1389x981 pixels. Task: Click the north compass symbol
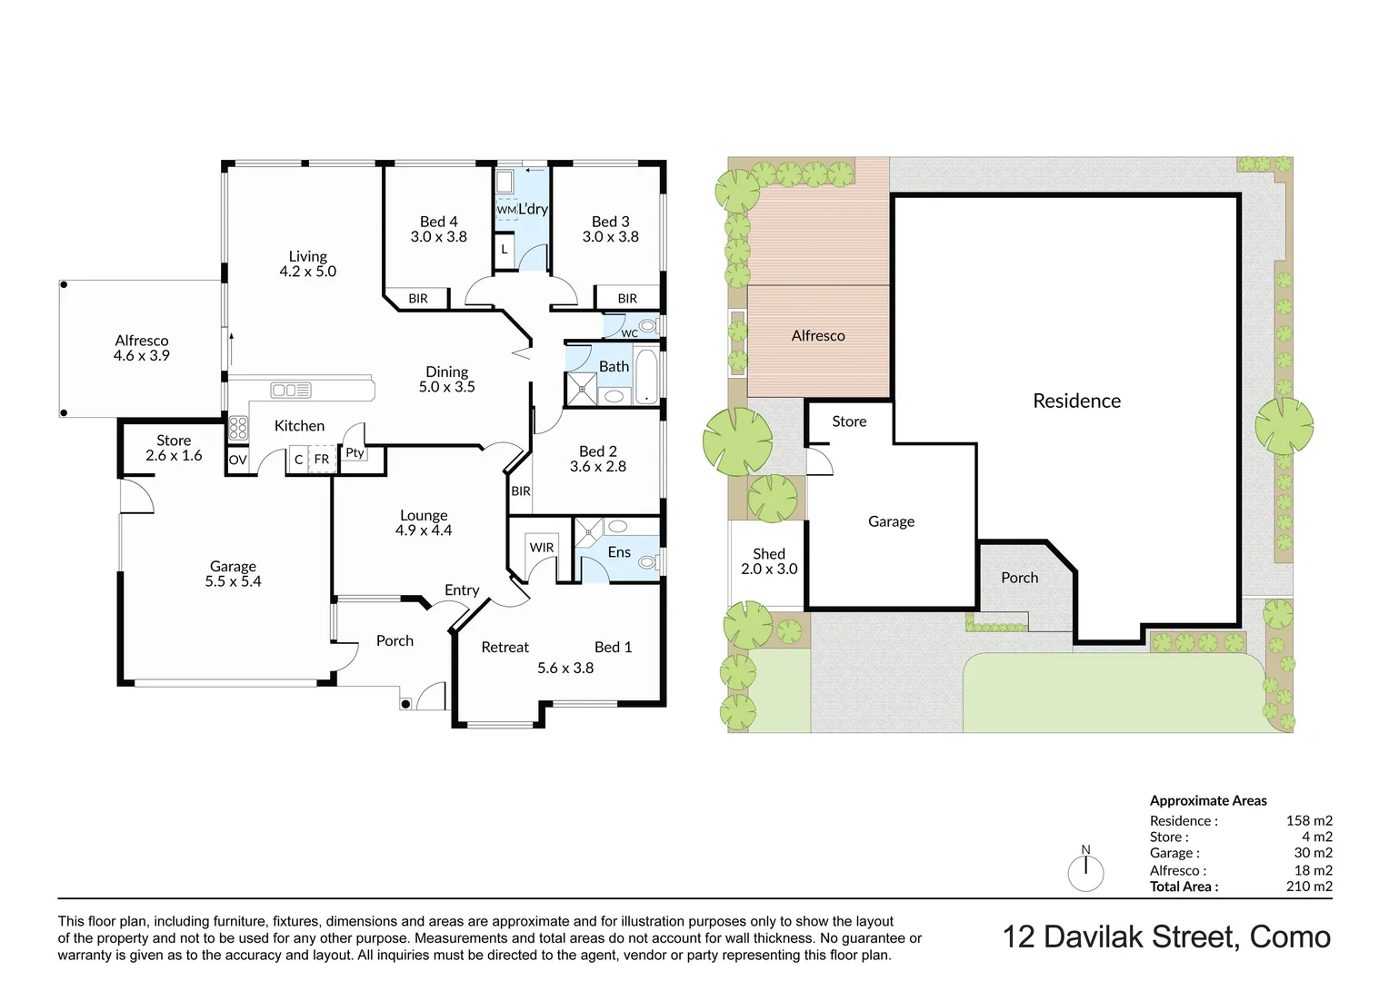click(1085, 872)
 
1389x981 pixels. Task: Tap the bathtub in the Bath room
click(646, 376)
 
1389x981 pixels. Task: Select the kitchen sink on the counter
click(290, 391)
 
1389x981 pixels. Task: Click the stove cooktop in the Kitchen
click(238, 428)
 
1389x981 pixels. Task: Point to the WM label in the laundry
click(506, 210)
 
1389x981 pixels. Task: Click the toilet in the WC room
click(646, 326)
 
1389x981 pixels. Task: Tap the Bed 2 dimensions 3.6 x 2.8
click(597, 467)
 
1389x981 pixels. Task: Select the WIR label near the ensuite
click(542, 548)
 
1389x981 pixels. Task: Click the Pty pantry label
click(355, 452)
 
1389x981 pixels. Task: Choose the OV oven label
click(237, 461)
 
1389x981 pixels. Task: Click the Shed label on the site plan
click(769, 553)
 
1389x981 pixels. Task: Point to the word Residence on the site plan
click(1076, 401)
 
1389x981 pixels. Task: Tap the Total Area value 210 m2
click(1309, 887)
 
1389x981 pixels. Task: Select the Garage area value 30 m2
click(1313, 853)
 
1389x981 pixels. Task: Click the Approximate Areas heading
click(1208, 800)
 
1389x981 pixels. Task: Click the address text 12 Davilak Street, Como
click(1166, 936)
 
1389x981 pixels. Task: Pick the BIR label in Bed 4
click(418, 299)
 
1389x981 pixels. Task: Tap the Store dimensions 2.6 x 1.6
click(174, 456)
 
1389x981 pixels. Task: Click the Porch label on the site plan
click(1019, 578)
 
